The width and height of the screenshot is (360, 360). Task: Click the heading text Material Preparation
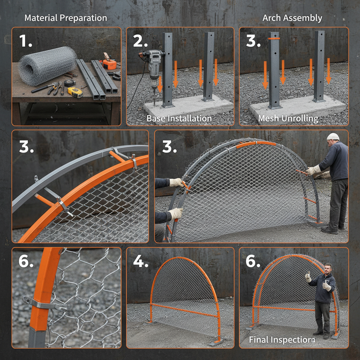click(66, 18)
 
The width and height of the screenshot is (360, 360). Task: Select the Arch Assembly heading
click(292, 18)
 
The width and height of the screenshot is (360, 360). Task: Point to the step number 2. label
click(140, 41)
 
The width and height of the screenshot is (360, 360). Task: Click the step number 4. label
click(140, 261)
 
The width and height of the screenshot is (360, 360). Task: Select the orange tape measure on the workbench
click(110, 64)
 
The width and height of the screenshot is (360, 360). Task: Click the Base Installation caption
click(179, 118)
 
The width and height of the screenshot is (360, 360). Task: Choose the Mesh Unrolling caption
click(288, 118)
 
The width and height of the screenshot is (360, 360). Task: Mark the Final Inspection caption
click(282, 340)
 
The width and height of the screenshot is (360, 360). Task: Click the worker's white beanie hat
click(333, 136)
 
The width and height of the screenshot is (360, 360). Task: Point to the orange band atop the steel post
click(274, 38)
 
